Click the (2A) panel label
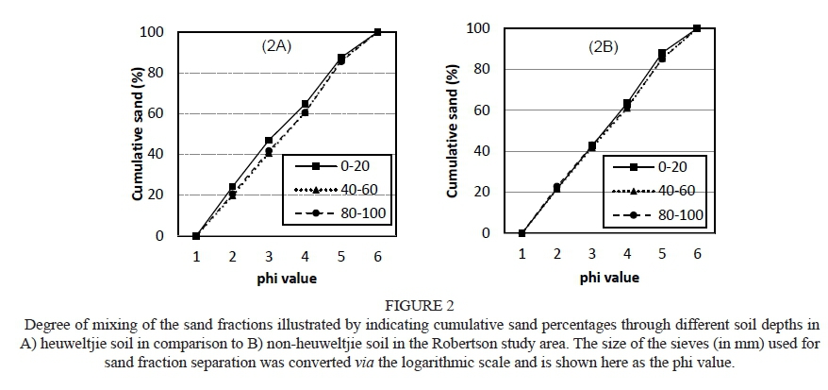point(275,44)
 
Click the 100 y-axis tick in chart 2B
point(478,28)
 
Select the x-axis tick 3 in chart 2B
point(591,253)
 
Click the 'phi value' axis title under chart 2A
point(288,279)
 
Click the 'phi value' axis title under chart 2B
point(608,278)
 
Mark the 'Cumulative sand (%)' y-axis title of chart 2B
point(453,132)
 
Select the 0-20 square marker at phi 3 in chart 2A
point(269,141)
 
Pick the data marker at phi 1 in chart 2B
point(522,233)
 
